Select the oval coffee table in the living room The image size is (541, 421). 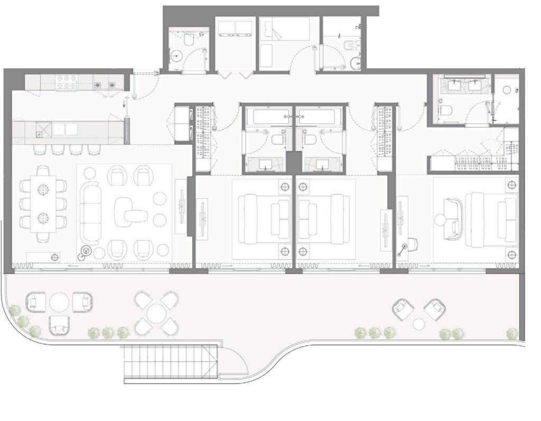pos(132,209)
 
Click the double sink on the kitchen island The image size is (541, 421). pos(64,129)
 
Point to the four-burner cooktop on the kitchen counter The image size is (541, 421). pos(68,81)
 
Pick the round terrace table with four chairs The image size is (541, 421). pos(157,314)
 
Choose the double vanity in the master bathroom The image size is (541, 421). pos(465,85)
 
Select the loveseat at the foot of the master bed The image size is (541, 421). pos(453,218)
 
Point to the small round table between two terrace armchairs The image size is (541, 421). pos(418,324)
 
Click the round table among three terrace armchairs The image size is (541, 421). pos(60,302)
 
